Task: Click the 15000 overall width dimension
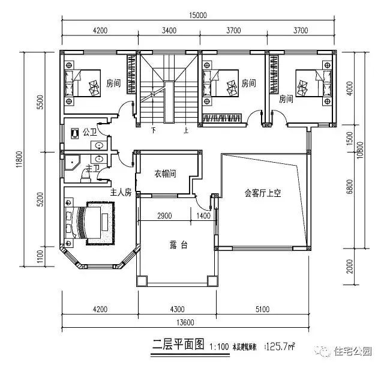click(196, 15)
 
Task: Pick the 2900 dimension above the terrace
click(165, 215)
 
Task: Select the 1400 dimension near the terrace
click(203, 215)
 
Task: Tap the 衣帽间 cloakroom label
click(165, 175)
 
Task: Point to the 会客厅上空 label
click(262, 193)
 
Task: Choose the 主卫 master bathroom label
click(93, 168)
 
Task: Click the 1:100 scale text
click(220, 346)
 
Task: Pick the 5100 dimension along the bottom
click(262, 309)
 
